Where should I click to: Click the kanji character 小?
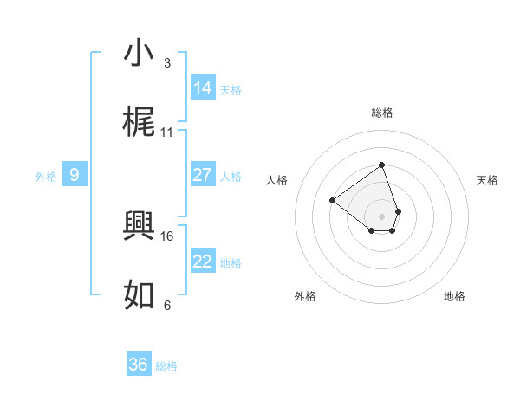point(140,53)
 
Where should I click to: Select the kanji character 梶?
point(140,122)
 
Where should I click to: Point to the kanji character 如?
point(140,295)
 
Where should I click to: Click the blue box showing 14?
point(203,88)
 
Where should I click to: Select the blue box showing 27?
point(203,175)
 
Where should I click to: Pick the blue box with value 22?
point(203,262)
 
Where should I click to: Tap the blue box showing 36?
point(139,365)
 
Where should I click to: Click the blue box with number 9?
point(75,175)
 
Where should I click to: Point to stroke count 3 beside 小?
point(166,63)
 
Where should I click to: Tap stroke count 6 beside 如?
point(166,306)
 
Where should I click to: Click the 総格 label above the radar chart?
point(381,113)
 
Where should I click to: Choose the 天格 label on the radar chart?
point(487,180)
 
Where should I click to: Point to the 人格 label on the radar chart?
point(277,180)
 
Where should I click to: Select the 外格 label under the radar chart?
point(305,297)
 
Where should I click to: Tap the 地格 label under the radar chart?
point(454,297)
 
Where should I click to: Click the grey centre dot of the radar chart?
point(381,216)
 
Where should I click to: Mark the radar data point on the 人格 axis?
point(332,200)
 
